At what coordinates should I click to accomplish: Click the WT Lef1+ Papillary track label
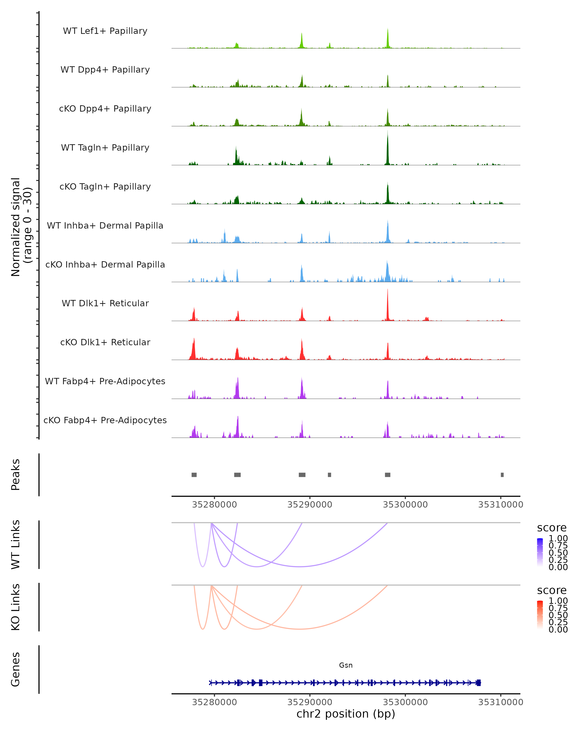point(105,31)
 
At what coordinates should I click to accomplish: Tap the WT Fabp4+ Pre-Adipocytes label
point(105,381)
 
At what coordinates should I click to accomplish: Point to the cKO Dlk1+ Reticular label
point(105,342)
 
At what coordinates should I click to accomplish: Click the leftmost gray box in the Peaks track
point(194,475)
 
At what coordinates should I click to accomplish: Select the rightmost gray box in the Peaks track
point(502,475)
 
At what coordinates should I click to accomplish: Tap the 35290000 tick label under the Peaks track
point(310,505)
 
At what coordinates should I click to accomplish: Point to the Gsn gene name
point(346,665)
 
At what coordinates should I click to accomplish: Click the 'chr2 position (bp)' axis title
point(346,714)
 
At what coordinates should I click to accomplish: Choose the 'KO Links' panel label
point(16,607)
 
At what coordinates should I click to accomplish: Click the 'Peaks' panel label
point(16,474)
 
